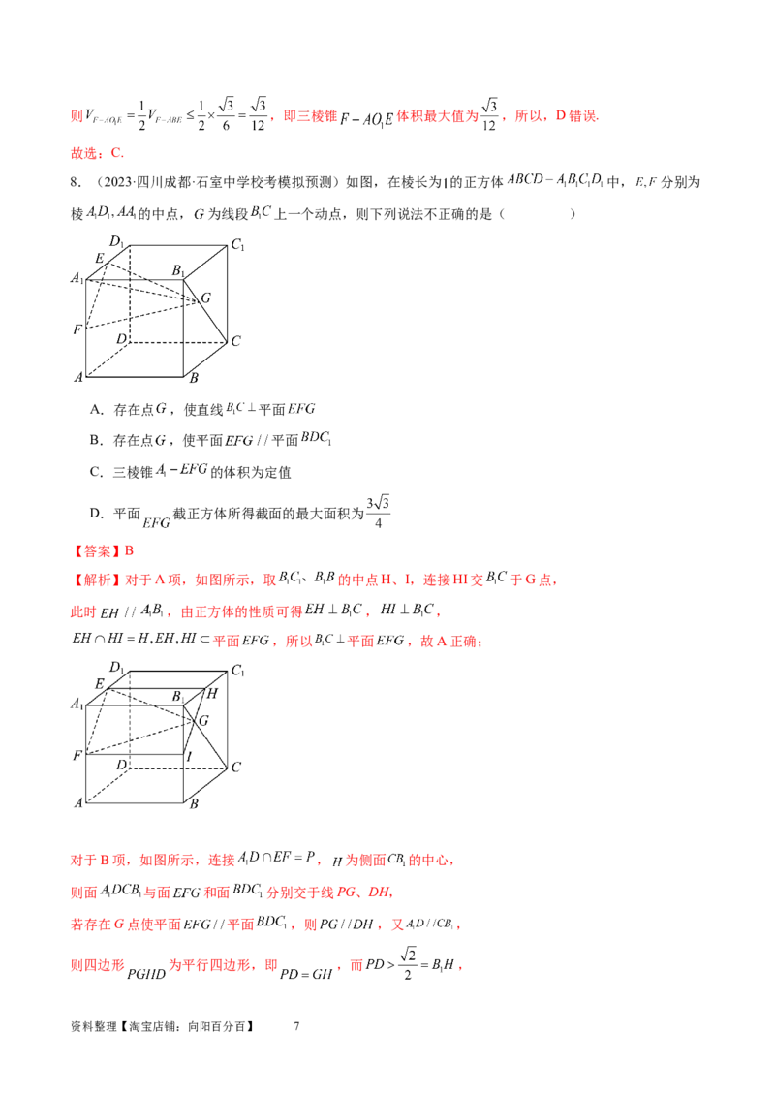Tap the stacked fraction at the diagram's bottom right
click(379, 515)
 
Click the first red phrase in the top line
click(310, 117)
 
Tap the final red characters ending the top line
click(581, 117)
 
